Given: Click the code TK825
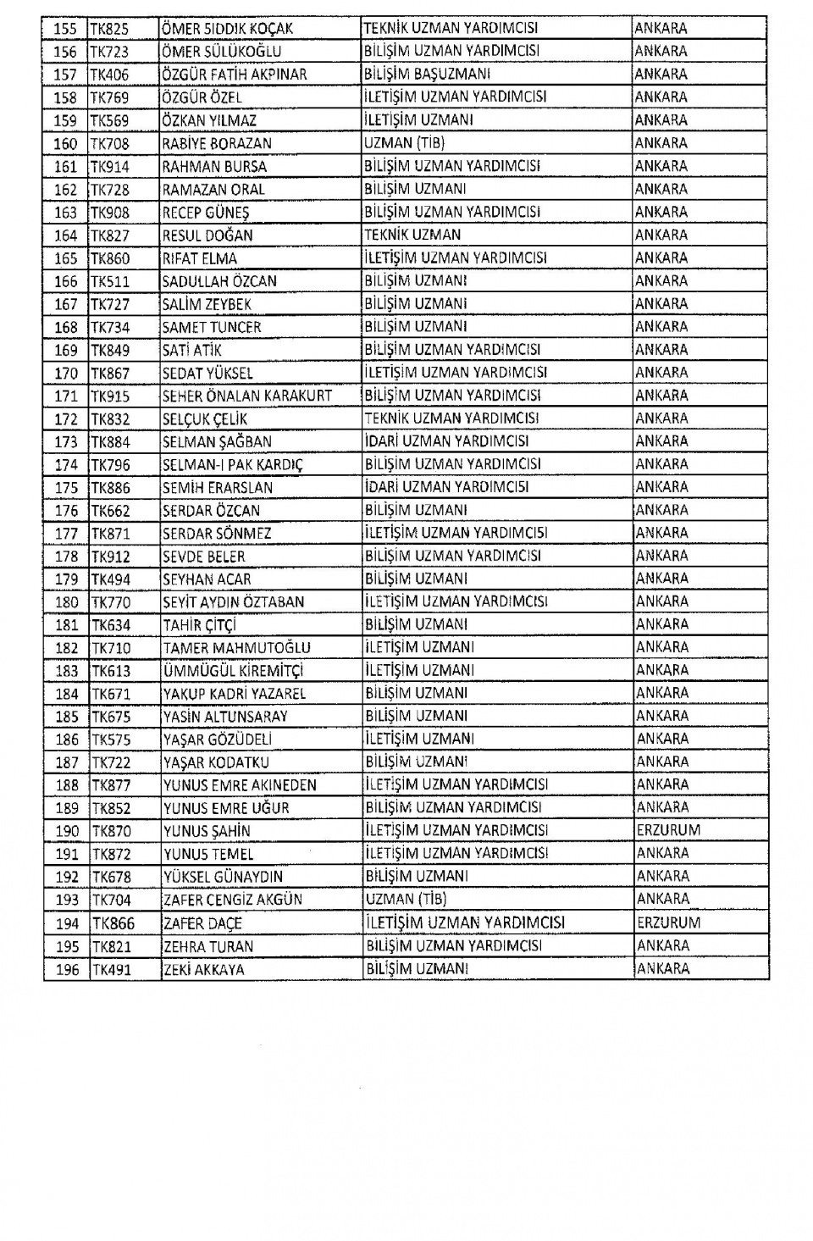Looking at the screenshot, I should (x=110, y=29).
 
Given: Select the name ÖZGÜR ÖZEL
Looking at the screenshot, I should (x=202, y=97).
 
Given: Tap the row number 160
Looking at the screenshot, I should (x=65, y=144).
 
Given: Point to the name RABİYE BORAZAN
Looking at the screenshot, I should (x=216, y=144).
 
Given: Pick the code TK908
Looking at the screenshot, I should (x=110, y=213).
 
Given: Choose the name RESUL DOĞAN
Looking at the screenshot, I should (x=207, y=235).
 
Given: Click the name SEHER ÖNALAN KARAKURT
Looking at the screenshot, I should (x=246, y=396).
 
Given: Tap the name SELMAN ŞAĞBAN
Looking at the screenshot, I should (x=217, y=441).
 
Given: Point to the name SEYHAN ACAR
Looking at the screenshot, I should (x=207, y=579).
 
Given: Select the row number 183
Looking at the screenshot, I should (x=66, y=671).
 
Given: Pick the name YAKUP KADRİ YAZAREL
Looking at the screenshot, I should (x=235, y=694).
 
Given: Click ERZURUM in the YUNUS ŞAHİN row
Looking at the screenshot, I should (x=668, y=831).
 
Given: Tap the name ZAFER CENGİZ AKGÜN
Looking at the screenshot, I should (x=232, y=900).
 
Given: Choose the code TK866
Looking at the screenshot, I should (x=113, y=923).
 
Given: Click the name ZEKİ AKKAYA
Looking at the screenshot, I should (x=203, y=970).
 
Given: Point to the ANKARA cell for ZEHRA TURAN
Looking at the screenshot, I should (x=661, y=946).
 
